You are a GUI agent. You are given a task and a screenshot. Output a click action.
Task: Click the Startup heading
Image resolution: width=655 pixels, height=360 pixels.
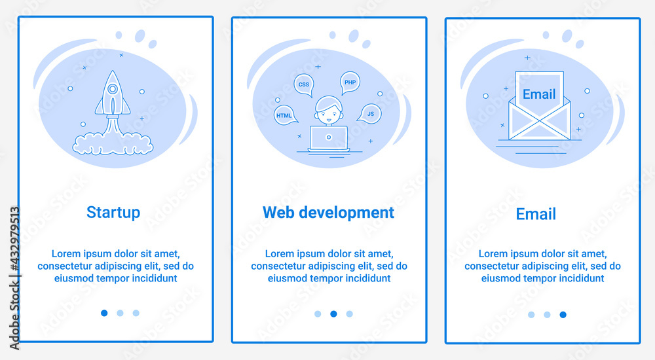click(113, 213)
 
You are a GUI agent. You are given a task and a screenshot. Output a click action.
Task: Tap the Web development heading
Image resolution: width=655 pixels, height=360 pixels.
click(328, 213)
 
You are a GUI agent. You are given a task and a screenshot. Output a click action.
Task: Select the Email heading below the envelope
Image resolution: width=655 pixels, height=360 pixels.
click(536, 214)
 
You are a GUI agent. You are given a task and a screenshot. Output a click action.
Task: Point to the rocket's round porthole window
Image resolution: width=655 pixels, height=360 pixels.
click(113, 88)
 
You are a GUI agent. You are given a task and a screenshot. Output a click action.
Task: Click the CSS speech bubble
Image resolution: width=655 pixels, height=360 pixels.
click(304, 84)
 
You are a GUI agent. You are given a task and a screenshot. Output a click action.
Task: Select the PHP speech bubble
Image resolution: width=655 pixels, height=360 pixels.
click(350, 82)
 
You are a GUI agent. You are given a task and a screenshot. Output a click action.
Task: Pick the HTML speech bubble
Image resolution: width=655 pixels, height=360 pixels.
click(284, 115)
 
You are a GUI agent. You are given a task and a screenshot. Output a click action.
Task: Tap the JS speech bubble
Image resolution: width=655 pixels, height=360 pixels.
click(371, 114)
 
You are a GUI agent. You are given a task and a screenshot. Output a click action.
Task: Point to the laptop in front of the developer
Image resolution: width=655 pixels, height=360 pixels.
click(328, 137)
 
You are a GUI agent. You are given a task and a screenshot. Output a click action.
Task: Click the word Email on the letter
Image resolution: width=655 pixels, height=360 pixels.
click(539, 94)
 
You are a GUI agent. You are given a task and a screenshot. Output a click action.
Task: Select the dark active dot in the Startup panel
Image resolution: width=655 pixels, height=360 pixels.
click(104, 313)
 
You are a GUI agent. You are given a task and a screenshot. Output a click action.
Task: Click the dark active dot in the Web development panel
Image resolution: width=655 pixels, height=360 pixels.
click(333, 314)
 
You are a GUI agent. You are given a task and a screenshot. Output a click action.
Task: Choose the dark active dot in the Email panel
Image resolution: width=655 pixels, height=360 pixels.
click(563, 314)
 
